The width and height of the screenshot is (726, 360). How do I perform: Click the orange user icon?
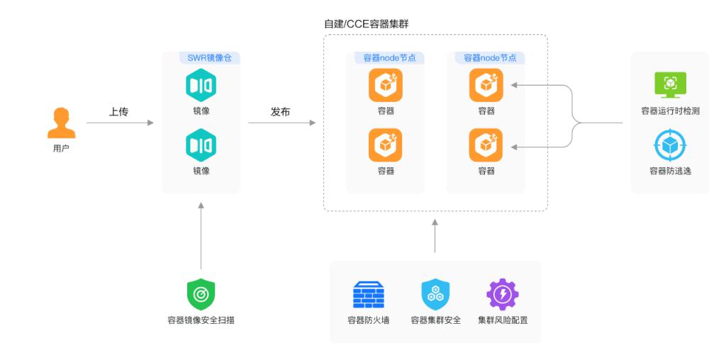click(61, 123)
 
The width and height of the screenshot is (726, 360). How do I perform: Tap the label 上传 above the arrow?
click(118, 111)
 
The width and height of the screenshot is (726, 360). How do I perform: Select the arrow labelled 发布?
click(281, 123)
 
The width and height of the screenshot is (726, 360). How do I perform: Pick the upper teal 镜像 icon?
click(201, 85)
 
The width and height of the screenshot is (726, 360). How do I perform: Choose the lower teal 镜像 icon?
click(201, 145)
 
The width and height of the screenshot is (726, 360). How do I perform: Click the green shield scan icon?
click(201, 294)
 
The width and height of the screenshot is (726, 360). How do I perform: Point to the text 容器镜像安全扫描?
click(201, 320)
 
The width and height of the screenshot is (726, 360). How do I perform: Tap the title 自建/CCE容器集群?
click(366, 24)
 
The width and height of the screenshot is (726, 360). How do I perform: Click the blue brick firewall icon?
click(368, 294)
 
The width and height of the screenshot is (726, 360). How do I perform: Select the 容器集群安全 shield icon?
click(435, 294)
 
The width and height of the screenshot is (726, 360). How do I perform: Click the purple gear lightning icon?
click(502, 294)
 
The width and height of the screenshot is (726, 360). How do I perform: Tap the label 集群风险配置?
click(502, 320)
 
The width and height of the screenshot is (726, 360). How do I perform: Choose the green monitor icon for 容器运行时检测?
click(670, 84)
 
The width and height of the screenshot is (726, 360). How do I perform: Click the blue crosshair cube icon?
click(670, 145)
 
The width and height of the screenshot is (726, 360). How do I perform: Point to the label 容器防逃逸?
click(670, 171)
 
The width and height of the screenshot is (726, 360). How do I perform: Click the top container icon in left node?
click(385, 85)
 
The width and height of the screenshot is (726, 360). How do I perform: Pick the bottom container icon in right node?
click(486, 145)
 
